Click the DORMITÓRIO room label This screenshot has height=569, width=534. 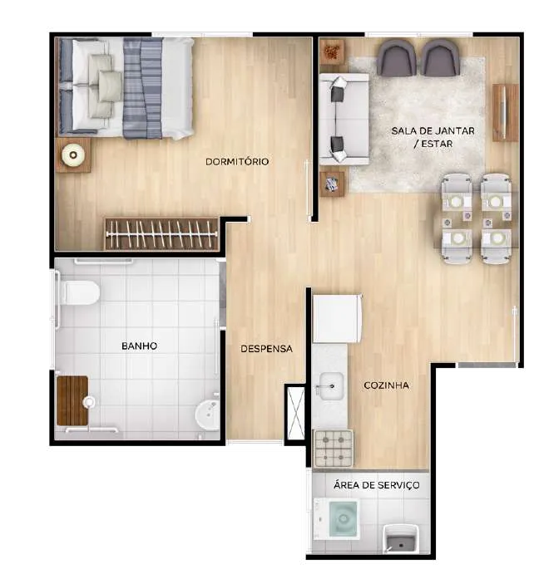click(237, 161)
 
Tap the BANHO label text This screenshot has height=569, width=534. click(140, 346)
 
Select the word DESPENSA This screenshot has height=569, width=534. click(266, 349)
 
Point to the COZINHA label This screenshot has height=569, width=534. click(386, 385)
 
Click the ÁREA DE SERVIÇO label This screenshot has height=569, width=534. click(377, 485)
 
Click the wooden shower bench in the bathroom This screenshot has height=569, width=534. click(72, 400)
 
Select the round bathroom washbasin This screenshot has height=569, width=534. click(208, 414)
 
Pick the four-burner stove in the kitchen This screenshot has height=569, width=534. click(334, 449)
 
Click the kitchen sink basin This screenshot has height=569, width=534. click(331, 386)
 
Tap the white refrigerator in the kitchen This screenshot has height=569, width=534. click(338, 319)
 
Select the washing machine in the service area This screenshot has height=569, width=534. click(337, 519)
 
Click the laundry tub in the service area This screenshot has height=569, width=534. click(401, 540)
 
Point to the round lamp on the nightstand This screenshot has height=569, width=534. click(73, 155)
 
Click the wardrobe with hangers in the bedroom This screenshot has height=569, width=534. click(161, 234)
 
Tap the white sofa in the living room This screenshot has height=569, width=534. click(344, 120)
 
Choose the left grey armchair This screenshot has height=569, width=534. click(396, 57)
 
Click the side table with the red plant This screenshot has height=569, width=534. click(332, 52)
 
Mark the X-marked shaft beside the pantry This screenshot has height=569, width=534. click(296, 413)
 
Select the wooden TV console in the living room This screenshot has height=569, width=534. click(505, 112)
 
